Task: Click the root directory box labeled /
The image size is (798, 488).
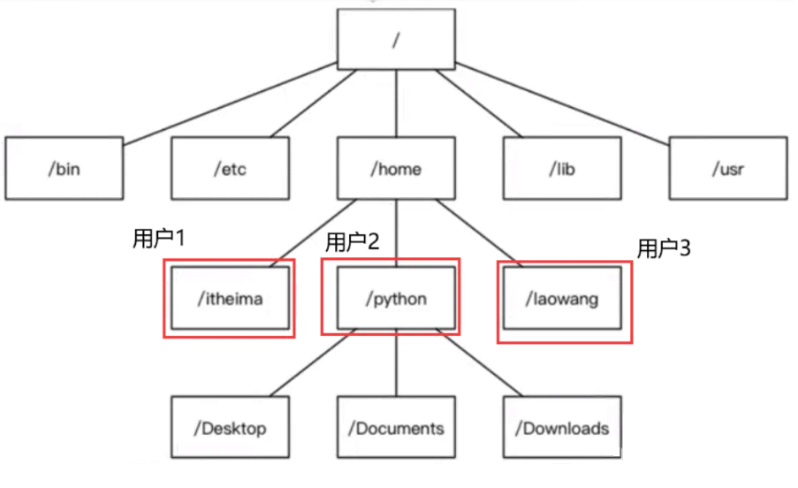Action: pyautogui.click(x=398, y=39)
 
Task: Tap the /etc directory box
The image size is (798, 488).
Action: pyautogui.click(x=229, y=167)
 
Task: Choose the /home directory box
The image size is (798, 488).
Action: pyautogui.click(x=397, y=167)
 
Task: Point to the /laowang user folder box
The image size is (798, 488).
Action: pyautogui.click(x=565, y=300)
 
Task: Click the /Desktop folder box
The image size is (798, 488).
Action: pyautogui.click(x=230, y=430)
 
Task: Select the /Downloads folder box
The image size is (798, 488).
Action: pyautogui.click(x=563, y=430)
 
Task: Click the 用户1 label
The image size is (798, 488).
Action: pyautogui.click(x=157, y=240)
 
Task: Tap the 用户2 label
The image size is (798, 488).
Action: pyautogui.click(x=353, y=241)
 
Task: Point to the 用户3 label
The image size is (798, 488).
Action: pyautogui.click(x=664, y=249)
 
